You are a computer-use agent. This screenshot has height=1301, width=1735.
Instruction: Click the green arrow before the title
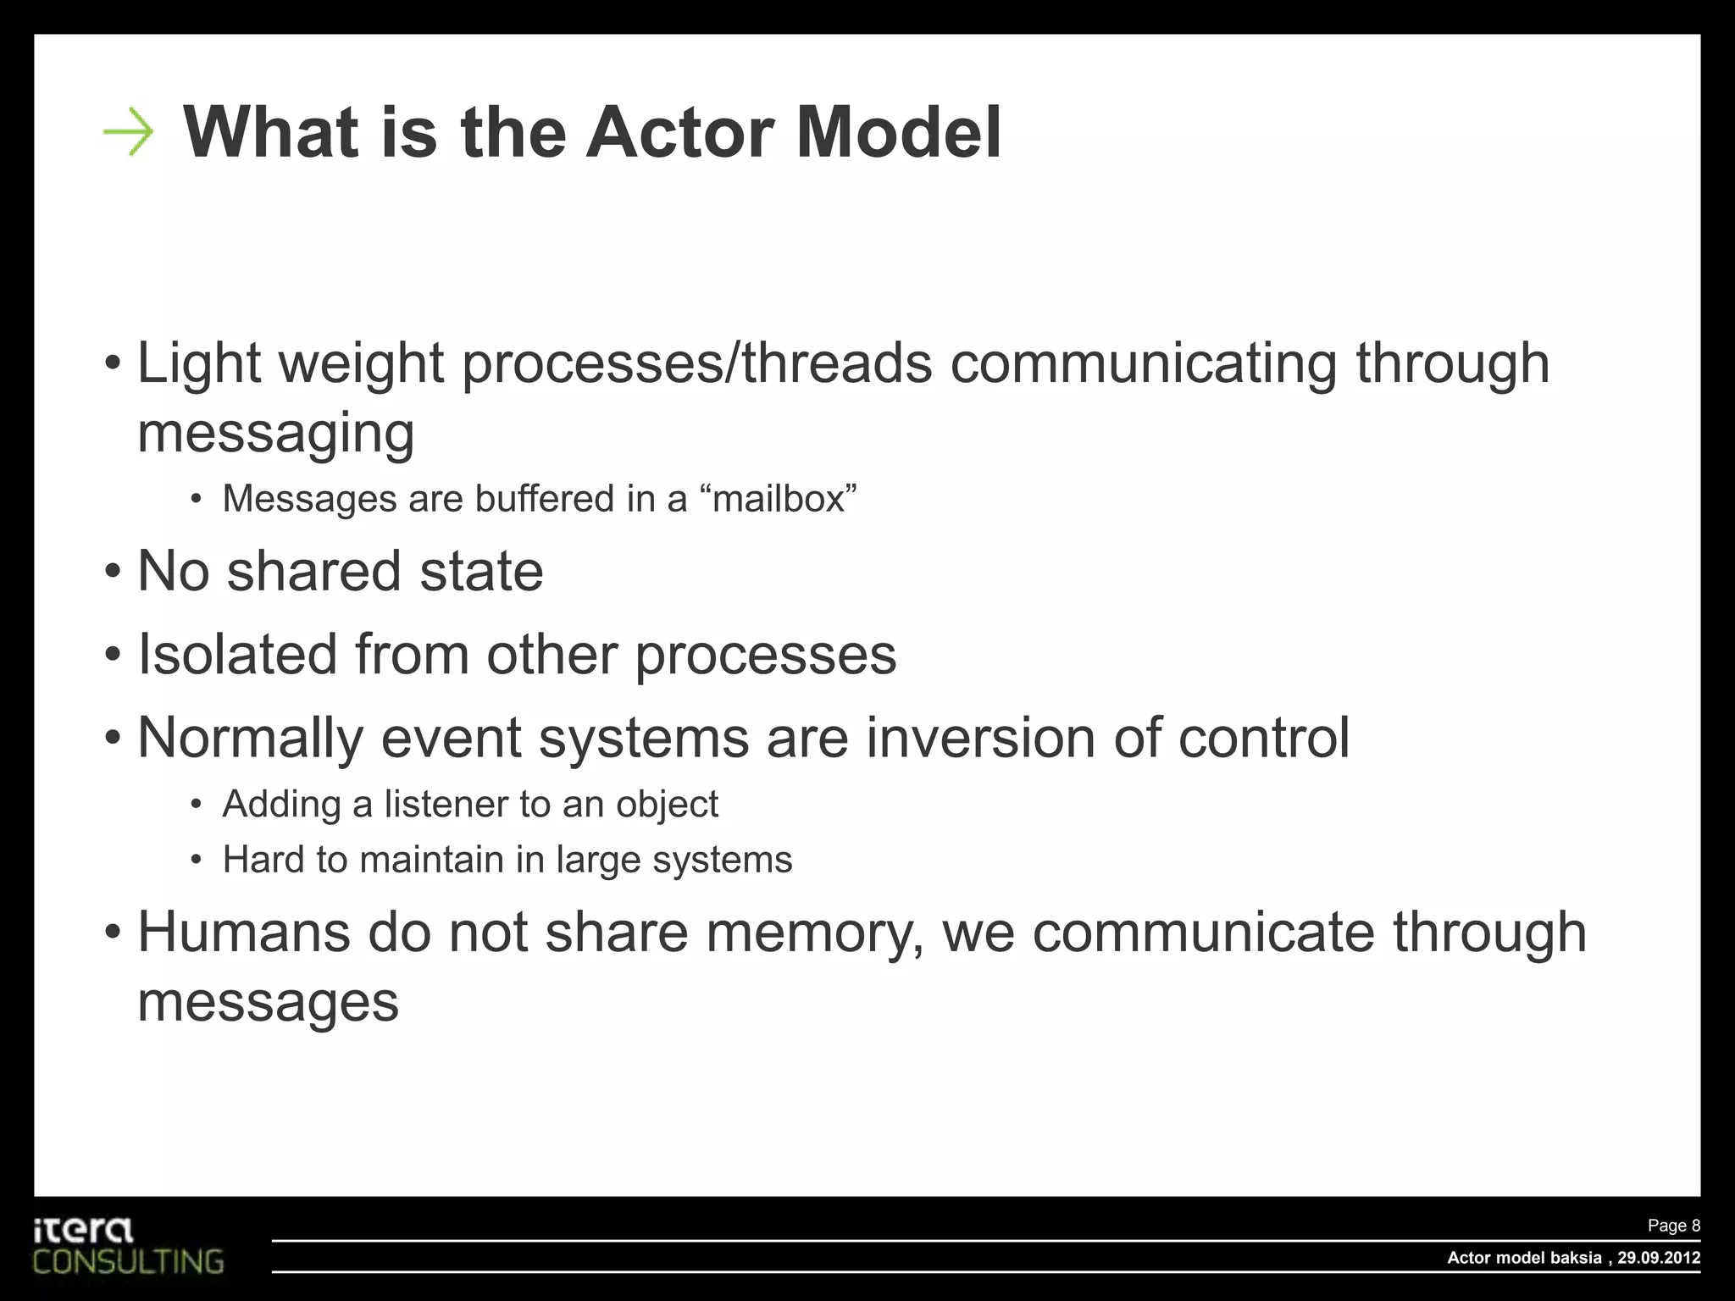(x=129, y=132)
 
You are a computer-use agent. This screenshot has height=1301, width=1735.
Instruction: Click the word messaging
(x=275, y=434)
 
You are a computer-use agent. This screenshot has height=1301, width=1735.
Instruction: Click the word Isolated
(x=237, y=655)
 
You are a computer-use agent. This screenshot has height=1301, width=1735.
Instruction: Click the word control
(x=1263, y=738)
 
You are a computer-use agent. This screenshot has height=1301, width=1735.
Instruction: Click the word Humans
(x=243, y=933)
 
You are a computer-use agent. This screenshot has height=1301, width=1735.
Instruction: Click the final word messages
(x=268, y=1003)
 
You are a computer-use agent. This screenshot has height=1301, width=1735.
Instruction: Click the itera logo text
(x=83, y=1230)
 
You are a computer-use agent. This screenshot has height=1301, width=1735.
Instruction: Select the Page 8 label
(x=1673, y=1226)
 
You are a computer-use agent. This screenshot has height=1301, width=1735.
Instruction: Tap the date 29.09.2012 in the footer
(x=1658, y=1258)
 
